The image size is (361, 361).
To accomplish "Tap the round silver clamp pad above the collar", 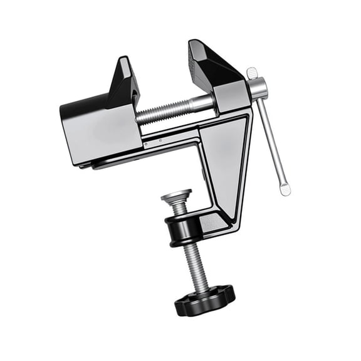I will [176, 196].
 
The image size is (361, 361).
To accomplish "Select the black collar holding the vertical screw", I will [182, 225].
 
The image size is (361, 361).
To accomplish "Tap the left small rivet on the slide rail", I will [145, 145].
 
